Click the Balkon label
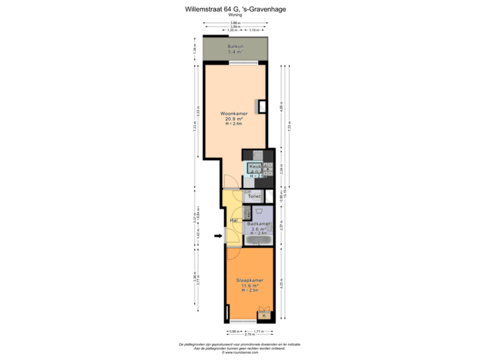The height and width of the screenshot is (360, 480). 234,45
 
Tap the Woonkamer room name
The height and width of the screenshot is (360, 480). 234,113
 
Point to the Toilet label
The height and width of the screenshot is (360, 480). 254,197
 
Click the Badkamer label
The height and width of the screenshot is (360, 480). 258,223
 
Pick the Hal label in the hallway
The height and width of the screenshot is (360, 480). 233,220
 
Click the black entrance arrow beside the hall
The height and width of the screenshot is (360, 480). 217,235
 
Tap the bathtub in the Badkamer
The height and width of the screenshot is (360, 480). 257,239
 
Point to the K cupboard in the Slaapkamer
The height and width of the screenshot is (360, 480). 264,315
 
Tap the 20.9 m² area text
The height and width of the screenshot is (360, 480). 234,119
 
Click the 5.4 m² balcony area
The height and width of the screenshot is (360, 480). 234,51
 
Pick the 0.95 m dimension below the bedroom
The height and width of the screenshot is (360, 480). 234,331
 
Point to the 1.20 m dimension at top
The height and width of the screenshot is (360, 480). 232,31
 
